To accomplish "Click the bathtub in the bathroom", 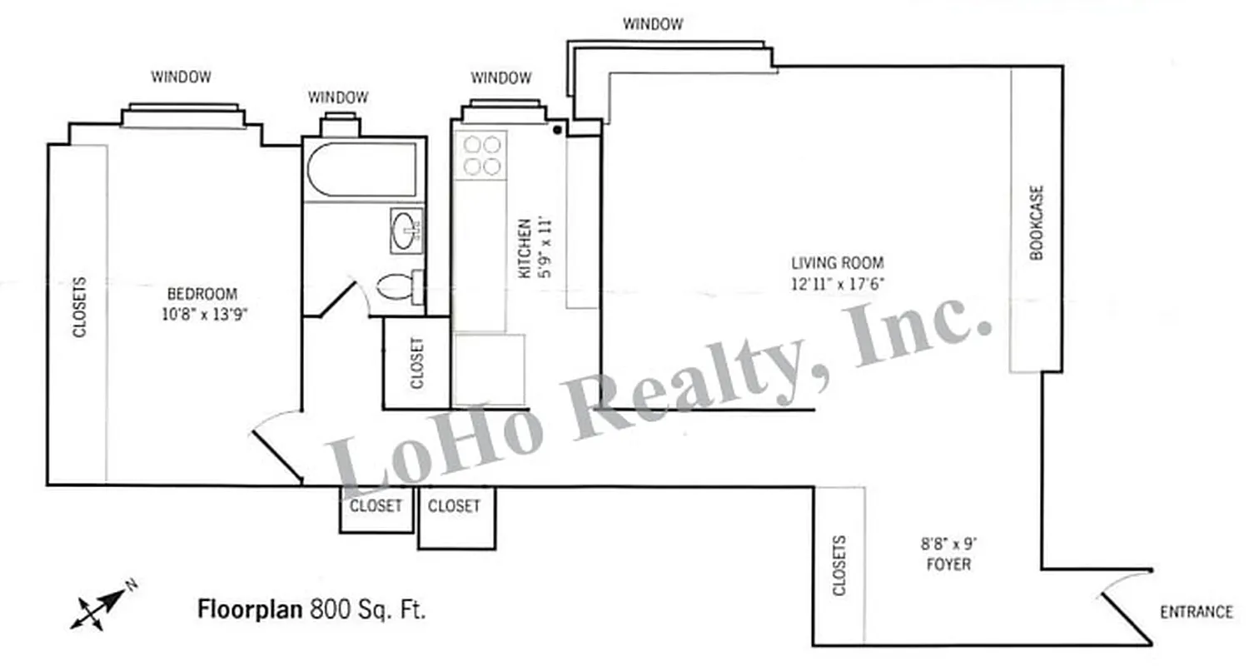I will point(362,170).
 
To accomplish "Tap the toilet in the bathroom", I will point(399,287).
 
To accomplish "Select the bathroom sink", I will point(406,230).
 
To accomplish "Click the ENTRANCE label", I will point(1196,612).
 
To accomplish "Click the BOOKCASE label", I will point(1037,222).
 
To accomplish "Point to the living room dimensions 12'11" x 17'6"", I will point(837,283).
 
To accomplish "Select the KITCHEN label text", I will point(525,248).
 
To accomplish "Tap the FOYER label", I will point(948,564).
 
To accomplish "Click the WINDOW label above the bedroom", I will point(181,77).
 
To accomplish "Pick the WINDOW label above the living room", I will point(653,24).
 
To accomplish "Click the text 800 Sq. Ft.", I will point(368,609).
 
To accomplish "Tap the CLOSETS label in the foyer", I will point(839,566).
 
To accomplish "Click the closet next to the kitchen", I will point(416,363).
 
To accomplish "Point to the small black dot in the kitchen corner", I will point(557,129).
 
